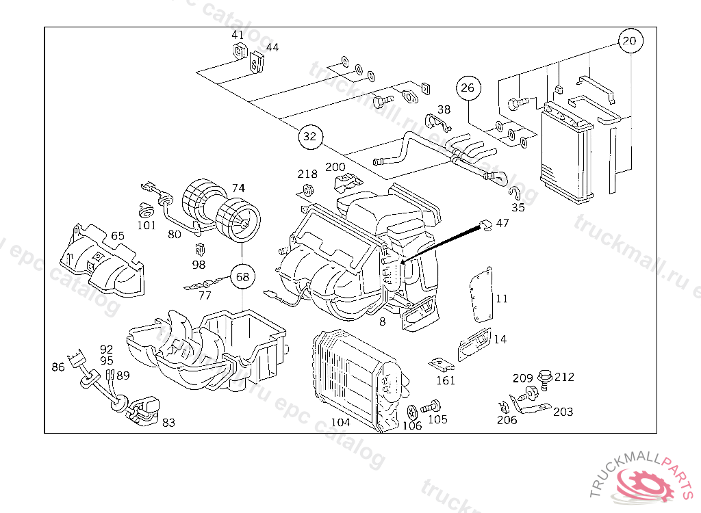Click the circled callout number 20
630,40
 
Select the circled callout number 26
468,88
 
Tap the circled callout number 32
310,136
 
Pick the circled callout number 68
242,277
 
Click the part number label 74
238,188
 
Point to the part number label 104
340,423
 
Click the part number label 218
307,174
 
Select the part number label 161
446,381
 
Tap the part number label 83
168,422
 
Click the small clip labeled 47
485,225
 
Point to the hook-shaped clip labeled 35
515,193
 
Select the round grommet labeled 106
412,412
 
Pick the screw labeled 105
431,406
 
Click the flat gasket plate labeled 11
481,295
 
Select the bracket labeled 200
348,183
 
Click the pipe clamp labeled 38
437,122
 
